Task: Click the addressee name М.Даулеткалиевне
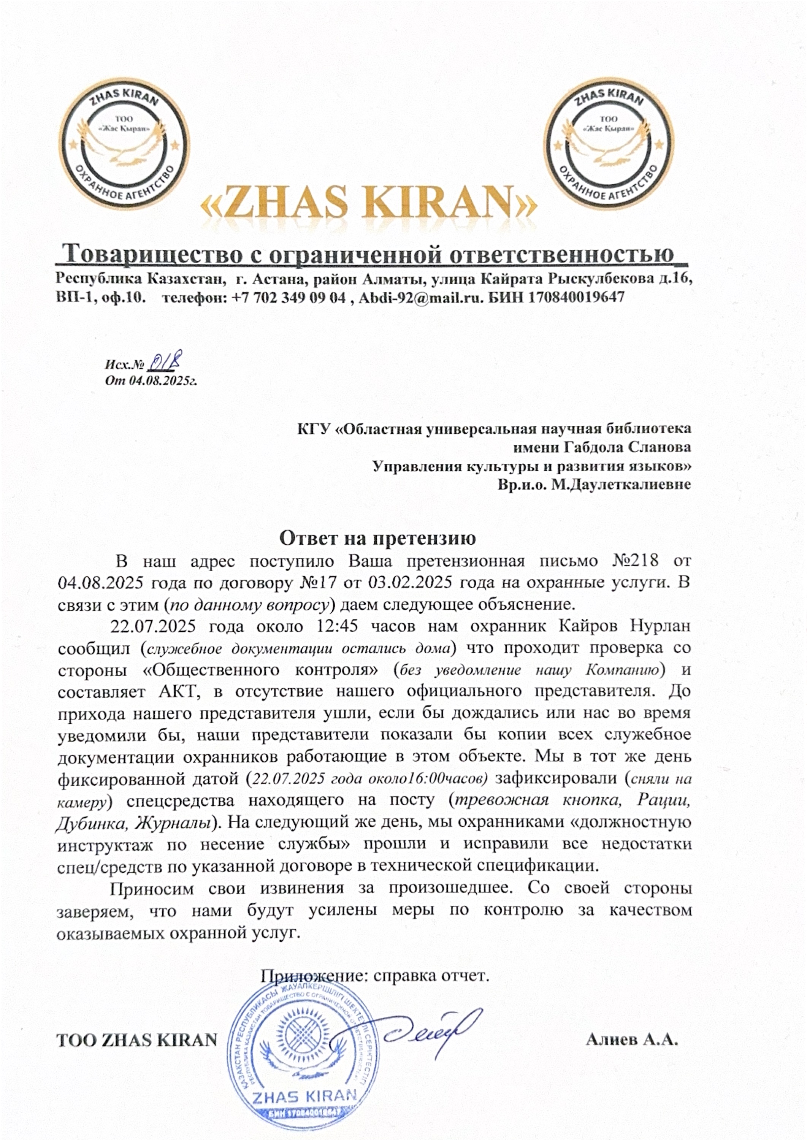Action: click(x=621, y=485)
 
